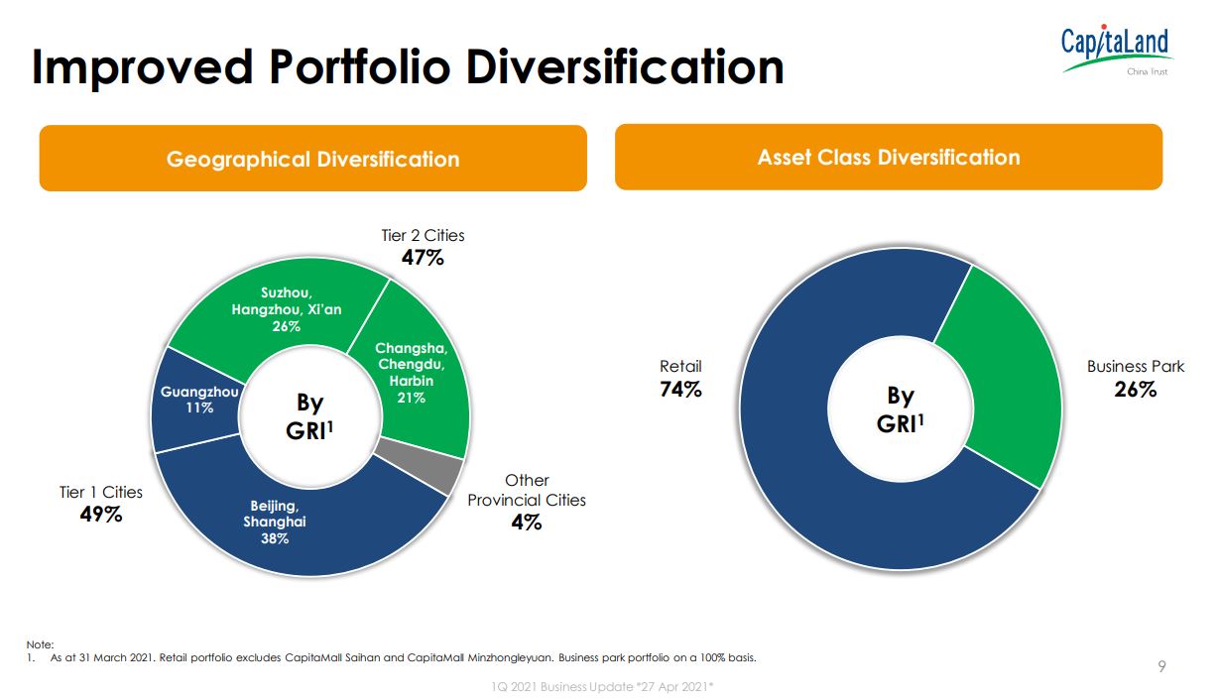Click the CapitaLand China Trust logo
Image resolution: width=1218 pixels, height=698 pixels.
point(1115,52)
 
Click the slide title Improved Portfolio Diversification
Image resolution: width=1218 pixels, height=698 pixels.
point(408,66)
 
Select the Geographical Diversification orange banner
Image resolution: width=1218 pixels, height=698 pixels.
point(312,159)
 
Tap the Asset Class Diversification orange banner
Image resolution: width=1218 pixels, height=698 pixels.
point(888,157)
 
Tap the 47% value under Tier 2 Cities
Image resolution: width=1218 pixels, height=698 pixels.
point(423,258)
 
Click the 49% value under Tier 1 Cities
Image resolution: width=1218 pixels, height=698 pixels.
point(101,515)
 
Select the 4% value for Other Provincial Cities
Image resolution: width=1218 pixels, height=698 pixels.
point(527,523)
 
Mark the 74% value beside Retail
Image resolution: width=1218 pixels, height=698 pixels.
point(680,390)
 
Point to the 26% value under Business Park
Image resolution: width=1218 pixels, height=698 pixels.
point(1135,390)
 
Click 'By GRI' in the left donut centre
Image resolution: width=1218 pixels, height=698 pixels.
point(310,417)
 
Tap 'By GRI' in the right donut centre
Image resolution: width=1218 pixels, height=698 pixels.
point(900,409)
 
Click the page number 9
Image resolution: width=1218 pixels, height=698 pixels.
point(1162,666)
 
